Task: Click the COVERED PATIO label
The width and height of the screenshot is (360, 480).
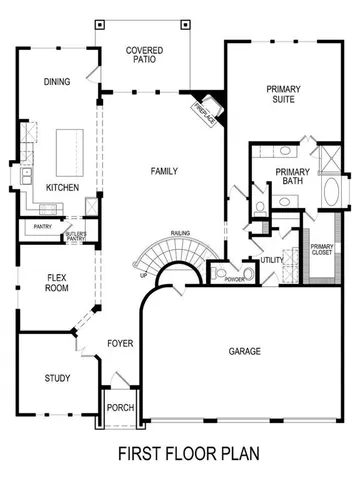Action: point(145,55)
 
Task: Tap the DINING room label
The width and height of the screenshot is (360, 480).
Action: point(56,82)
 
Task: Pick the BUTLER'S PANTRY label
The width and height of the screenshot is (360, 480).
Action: point(77,236)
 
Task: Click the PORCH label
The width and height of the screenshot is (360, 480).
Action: point(120,407)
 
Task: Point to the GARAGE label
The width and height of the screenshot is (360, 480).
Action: point(245,351)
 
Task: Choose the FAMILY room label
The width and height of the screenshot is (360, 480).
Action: point(164,171)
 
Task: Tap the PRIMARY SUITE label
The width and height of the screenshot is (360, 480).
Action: point(283,95)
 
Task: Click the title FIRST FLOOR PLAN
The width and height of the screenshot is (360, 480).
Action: point(189,453)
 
